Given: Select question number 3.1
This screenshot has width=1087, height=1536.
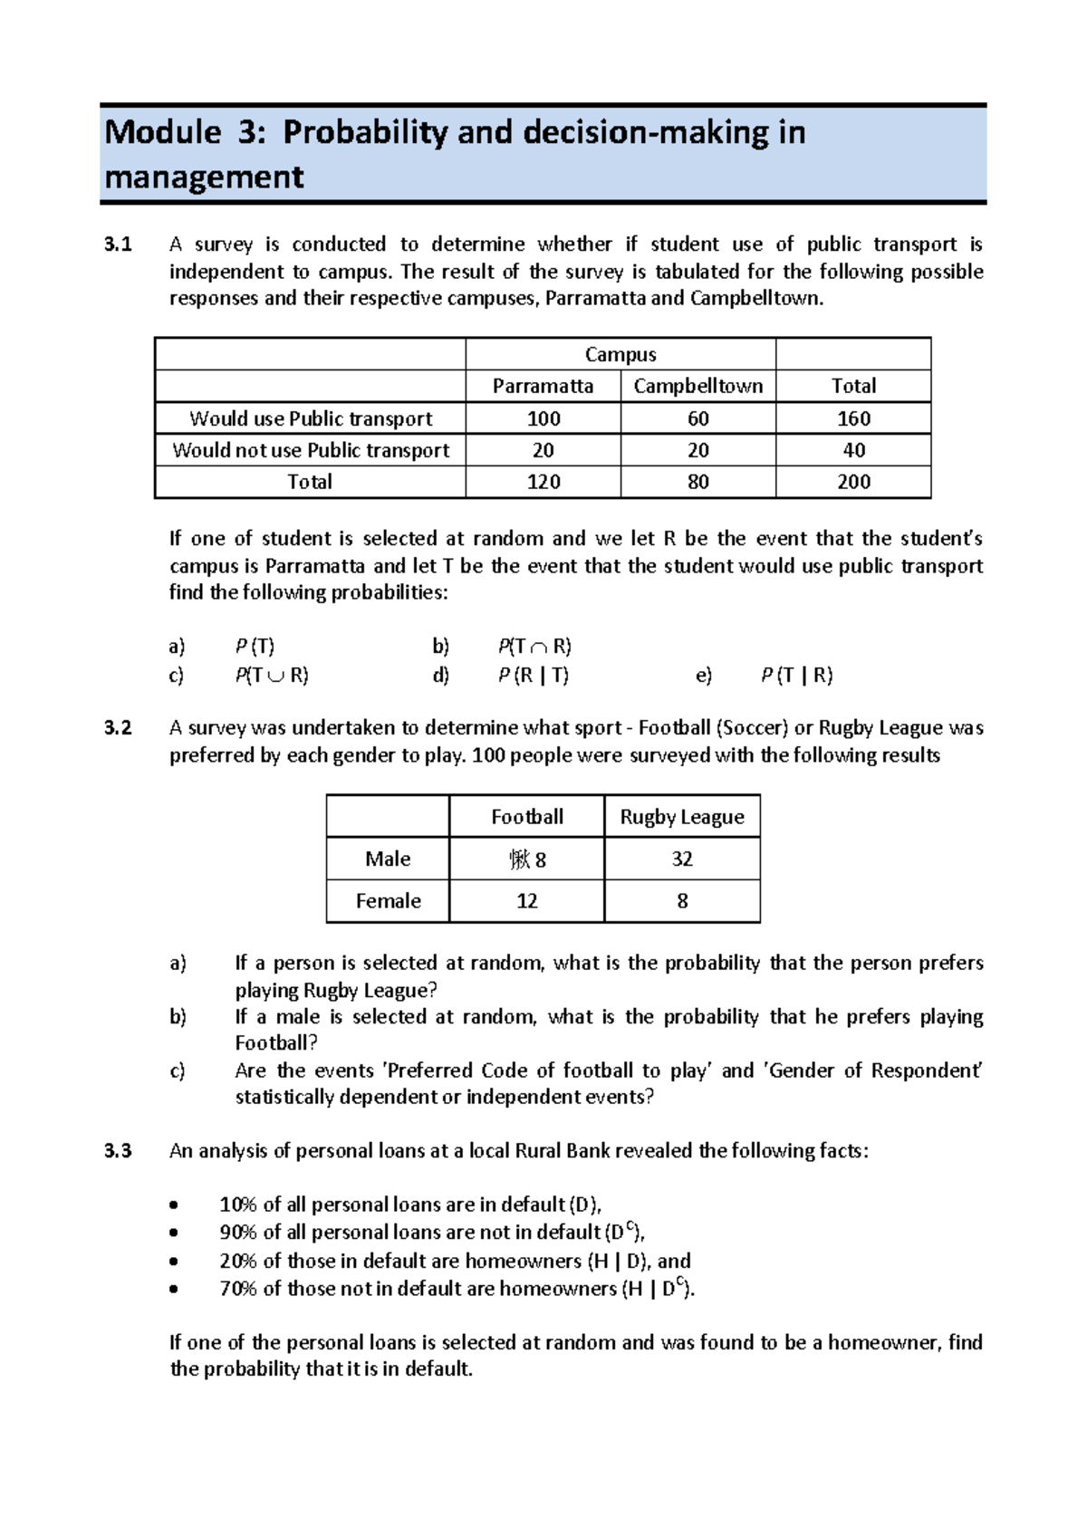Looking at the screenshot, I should coord(118,245).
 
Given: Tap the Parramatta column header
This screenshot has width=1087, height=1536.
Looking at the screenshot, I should coord(543,386).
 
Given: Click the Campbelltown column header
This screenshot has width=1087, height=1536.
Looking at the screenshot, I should coord(697,386).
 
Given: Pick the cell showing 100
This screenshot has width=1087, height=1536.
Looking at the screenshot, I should coord(543,418).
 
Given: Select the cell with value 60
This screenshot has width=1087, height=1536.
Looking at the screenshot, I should coord(697,418).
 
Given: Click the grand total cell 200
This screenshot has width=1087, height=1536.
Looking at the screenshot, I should coord(853,482).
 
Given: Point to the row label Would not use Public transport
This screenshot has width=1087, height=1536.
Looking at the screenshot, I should coord(311,450).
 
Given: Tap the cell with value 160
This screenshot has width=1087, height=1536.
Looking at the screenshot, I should coord(853,418).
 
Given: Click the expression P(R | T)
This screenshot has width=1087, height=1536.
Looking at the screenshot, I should coord(533,676).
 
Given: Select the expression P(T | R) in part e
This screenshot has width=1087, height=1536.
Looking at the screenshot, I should coord(796,676).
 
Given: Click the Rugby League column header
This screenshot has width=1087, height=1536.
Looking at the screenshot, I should coord(681,817).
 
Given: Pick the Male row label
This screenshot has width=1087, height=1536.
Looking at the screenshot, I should coord(388,859).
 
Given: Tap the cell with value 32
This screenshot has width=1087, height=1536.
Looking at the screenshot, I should coord(681,859).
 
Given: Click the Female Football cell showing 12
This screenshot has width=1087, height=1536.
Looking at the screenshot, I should coord(526,901).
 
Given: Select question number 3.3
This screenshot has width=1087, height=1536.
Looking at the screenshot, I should coord(118,1151).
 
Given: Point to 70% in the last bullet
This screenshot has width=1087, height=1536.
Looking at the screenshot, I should coord(238,1289).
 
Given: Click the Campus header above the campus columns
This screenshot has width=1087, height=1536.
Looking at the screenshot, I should coord(620,355).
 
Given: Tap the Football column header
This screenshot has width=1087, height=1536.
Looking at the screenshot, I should coord(526,817).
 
